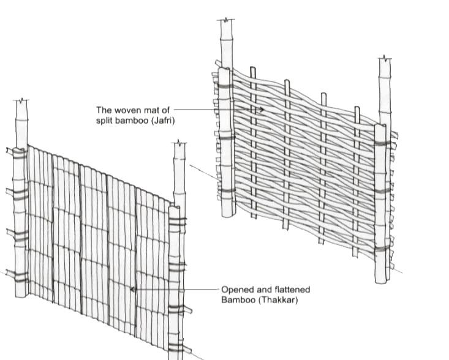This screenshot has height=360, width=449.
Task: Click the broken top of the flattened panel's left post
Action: tap(23, 100)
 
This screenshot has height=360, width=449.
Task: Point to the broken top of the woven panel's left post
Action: tap(226, 21)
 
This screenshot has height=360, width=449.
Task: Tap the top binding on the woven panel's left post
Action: tap(224, 86)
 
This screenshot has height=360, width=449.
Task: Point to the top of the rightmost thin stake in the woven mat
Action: tap(357, 108)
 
